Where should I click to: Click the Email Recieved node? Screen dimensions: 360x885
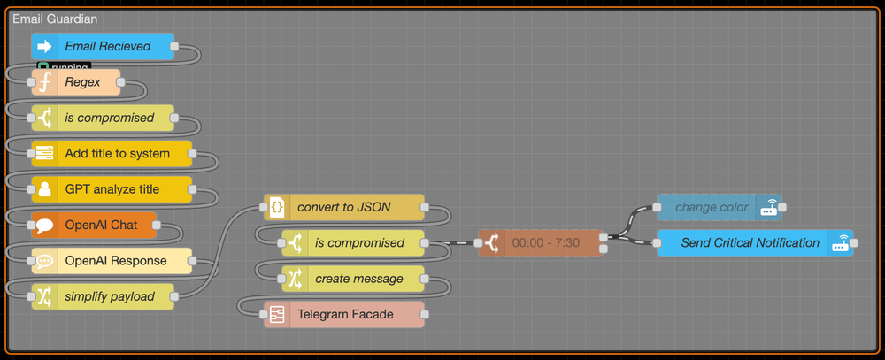click(107, 46)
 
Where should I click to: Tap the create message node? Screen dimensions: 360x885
click(358, 278)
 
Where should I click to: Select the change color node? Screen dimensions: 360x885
click(712, 207)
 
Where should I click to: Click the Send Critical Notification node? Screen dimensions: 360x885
click(750, 242)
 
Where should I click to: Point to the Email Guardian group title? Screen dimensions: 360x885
click(55, 19)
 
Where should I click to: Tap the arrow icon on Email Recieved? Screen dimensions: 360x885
click(44, 46)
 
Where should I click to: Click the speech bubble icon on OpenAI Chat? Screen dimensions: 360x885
click(44, 225)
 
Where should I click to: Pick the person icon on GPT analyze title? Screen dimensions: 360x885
click(44, 188)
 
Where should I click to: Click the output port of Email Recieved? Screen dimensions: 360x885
click(173, 46)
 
